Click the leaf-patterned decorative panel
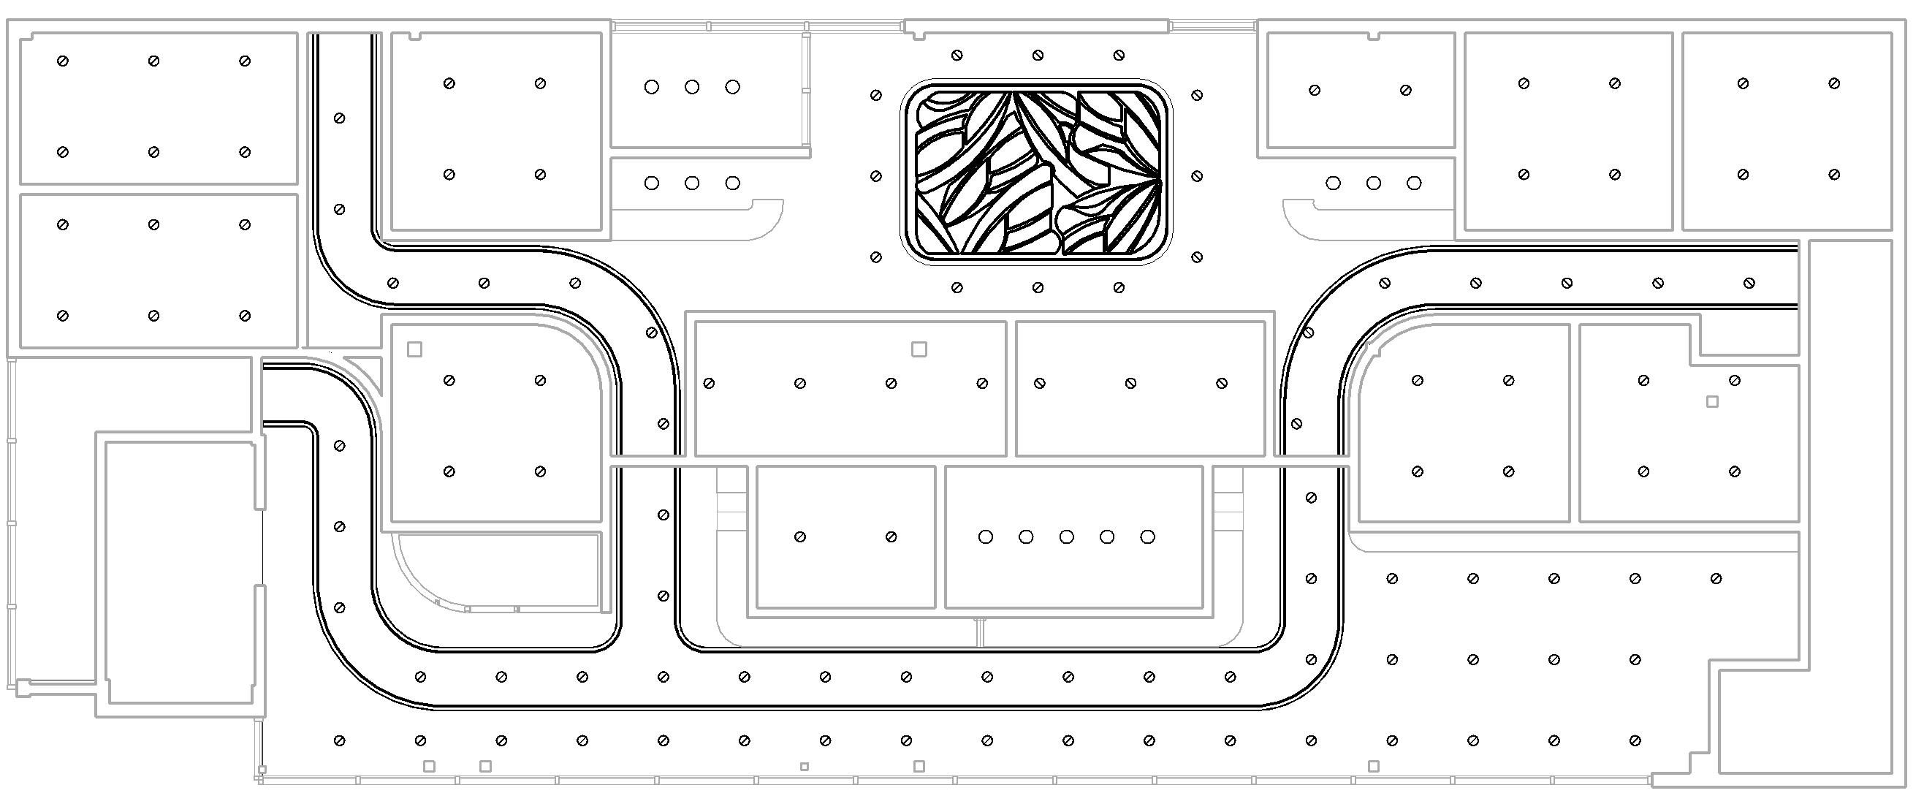click(1036, 172)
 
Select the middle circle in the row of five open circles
click(1067, 536)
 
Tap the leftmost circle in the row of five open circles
click(986, 536)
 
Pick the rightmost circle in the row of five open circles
click(1148, 536)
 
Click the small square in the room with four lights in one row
click(919, 349)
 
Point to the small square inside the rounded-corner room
click(414, 349)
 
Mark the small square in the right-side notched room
click(1713, 402)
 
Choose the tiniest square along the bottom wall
click(805, 767)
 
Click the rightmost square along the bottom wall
click(1374, 766)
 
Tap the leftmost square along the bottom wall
click(430, 766)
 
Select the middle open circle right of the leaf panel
click(1374, 183)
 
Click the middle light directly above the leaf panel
click(1038, 56)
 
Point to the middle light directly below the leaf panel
click(1038, 288)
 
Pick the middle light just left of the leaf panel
click(876, 176)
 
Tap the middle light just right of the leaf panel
click(1197, 176)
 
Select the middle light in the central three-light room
click(1131, 383)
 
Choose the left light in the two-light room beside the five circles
click(800, 536)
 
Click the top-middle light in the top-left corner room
click(154, 61)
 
